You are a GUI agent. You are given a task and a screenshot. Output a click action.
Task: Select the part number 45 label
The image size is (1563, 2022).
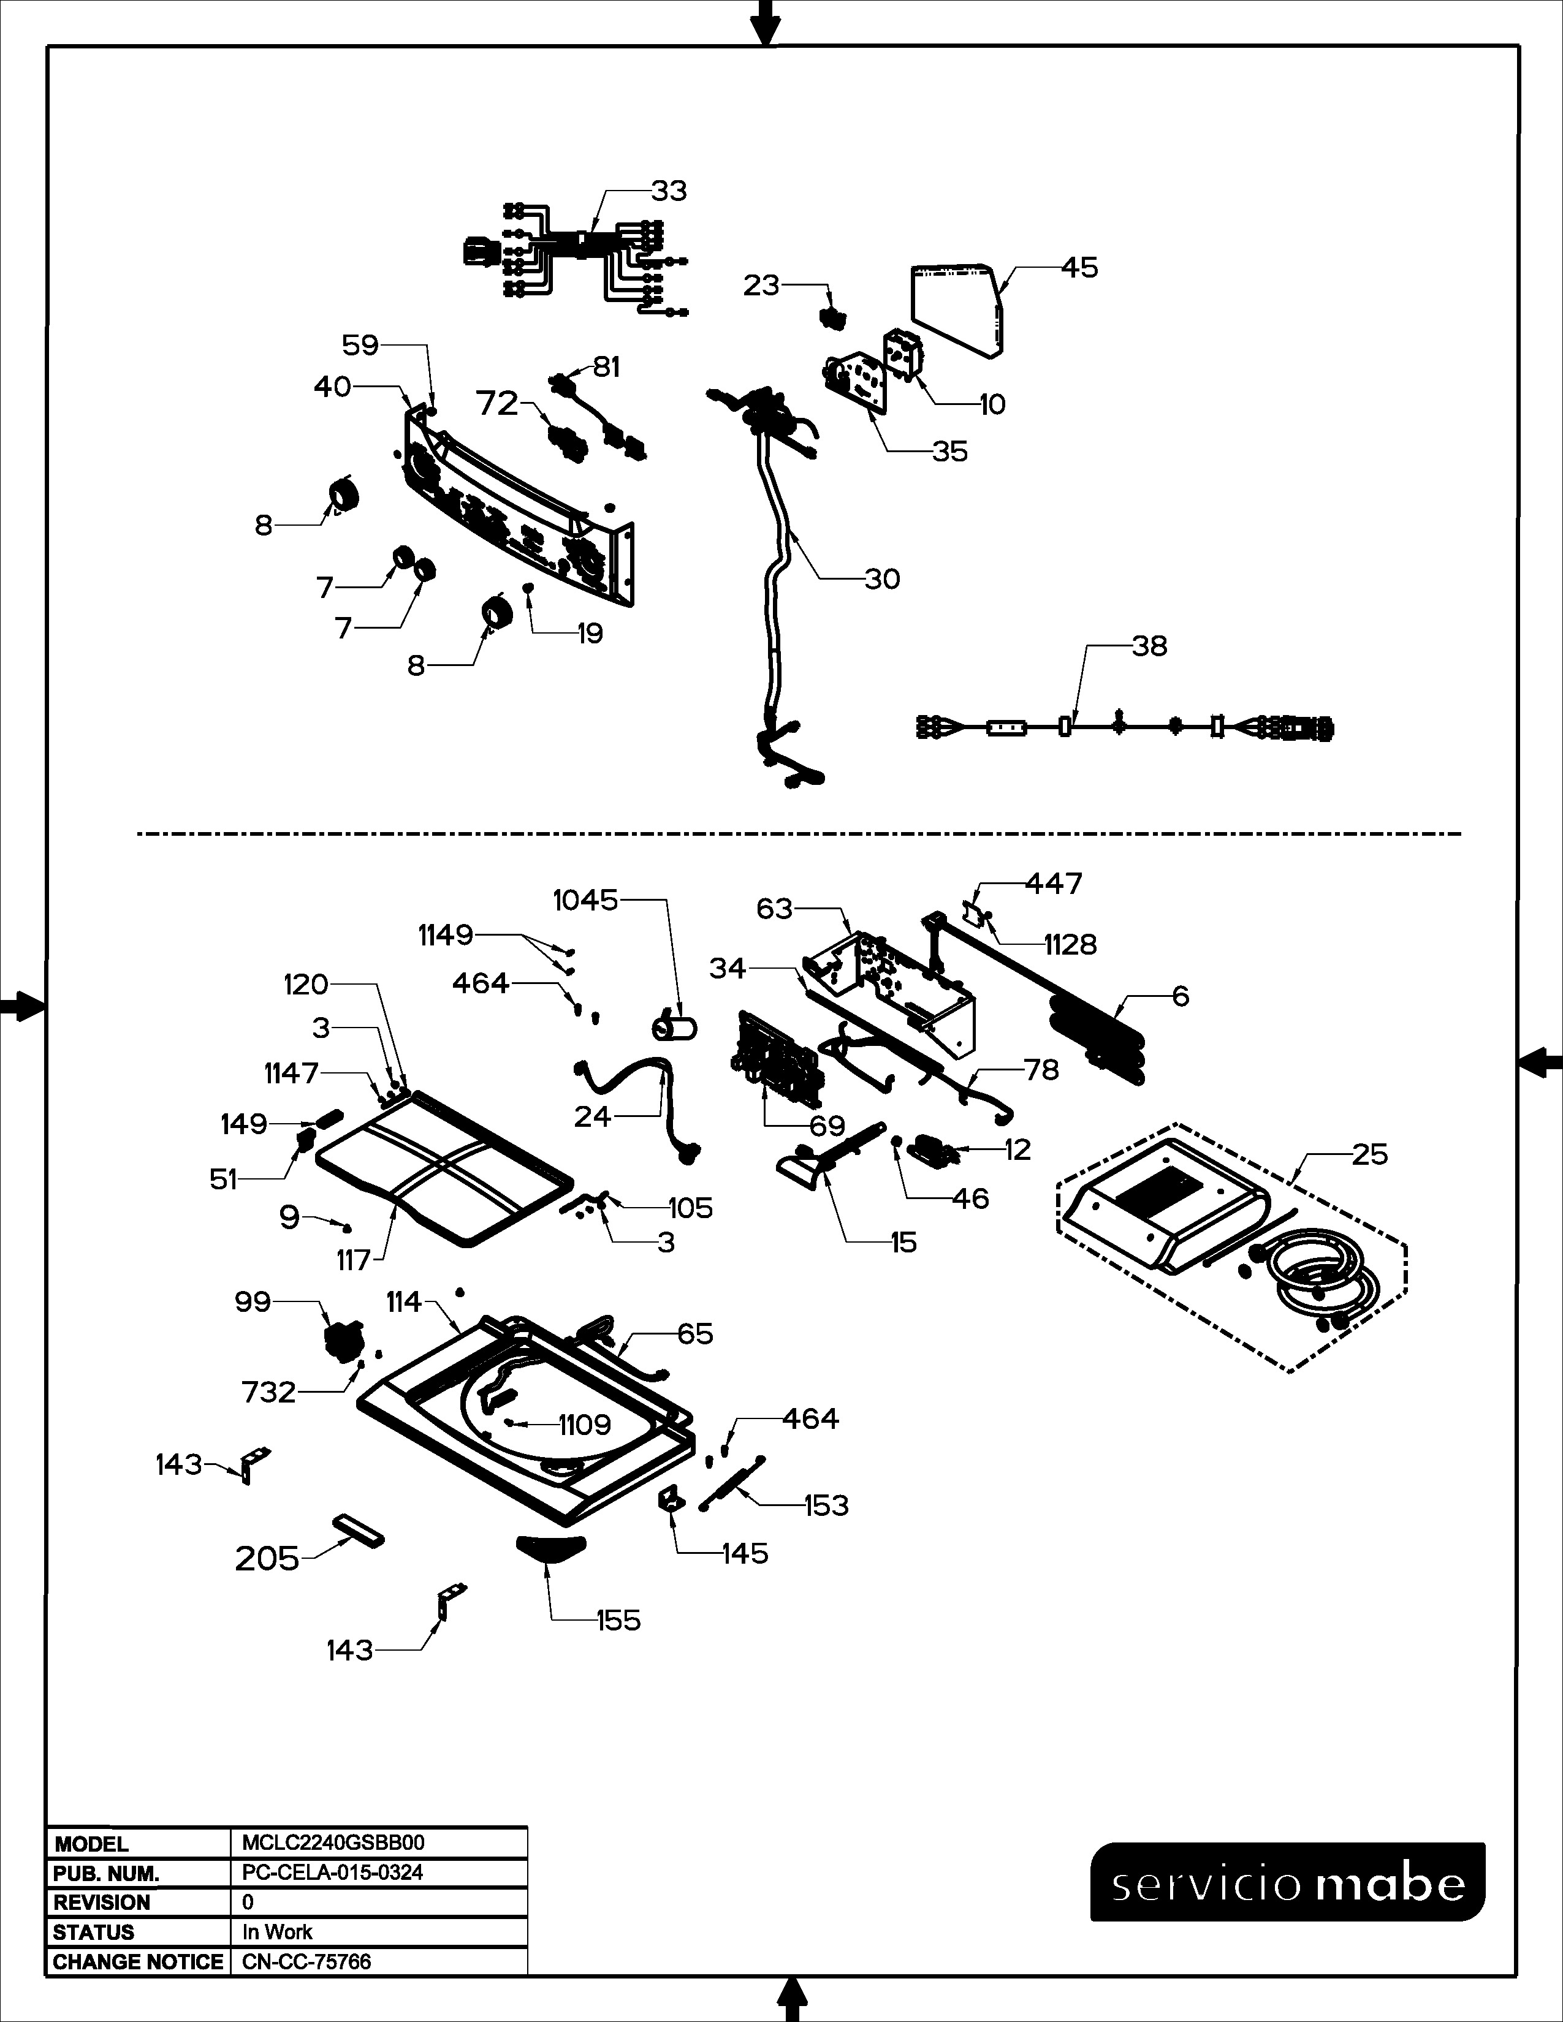(1079, 268)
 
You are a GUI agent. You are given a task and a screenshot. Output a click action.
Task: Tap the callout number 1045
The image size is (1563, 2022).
(585, 900)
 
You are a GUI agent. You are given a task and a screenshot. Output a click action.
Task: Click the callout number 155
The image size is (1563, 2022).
(618, 1620)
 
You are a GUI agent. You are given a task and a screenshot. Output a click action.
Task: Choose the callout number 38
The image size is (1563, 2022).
(1149, 646)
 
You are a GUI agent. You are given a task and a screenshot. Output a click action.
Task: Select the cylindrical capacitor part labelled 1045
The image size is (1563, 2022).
(676, 1028)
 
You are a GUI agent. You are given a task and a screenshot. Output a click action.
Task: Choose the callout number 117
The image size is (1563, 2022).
(354, 1260)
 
